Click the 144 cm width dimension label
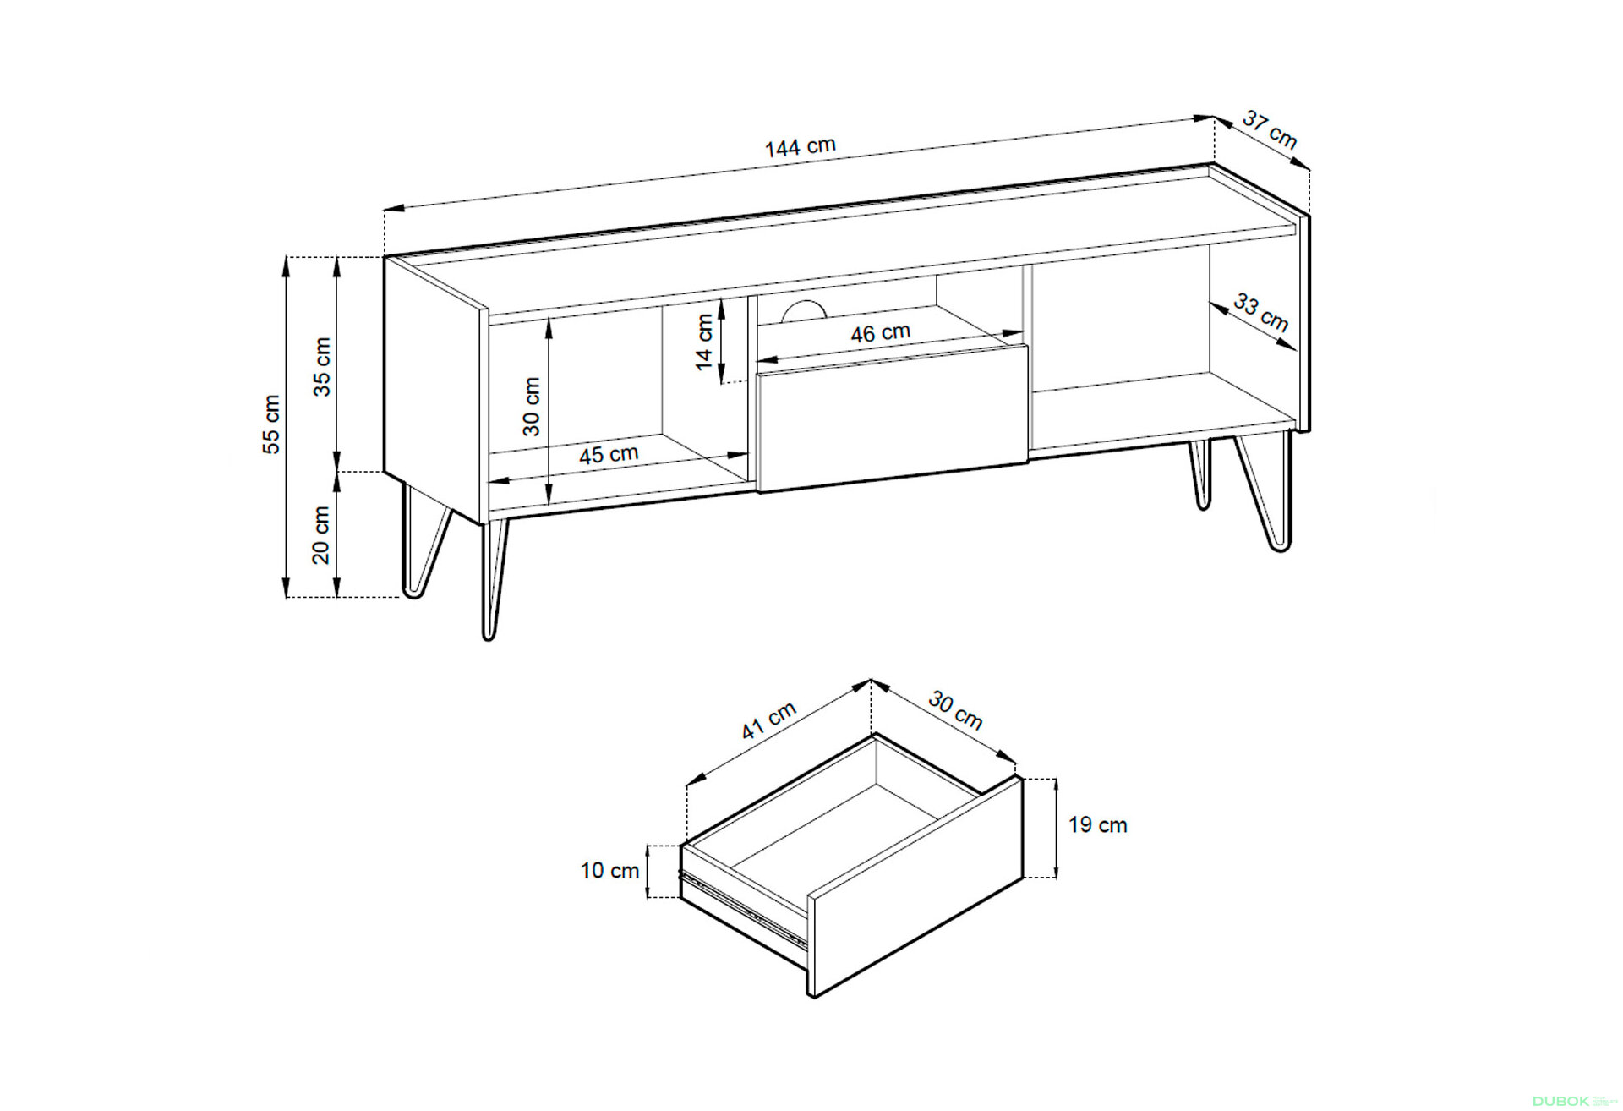800,147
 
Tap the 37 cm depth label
1269,131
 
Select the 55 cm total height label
270,424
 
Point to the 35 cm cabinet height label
322,366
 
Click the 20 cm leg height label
321,535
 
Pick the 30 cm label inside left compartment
531,407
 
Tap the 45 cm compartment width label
609,455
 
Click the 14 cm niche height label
704,342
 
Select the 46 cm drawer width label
880,333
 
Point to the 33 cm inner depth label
1261,312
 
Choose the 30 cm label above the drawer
955,710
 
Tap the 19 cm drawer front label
1097,825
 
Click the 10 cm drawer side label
609,871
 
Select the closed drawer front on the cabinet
893,419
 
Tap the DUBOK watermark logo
1560,1101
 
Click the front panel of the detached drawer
915,887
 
